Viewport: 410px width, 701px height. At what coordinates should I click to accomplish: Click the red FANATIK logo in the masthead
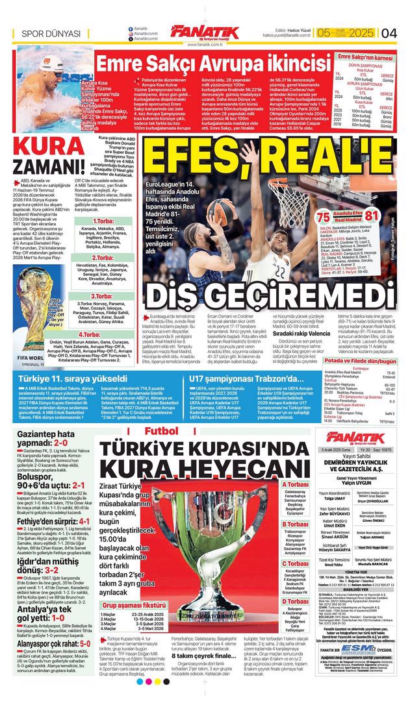(205, 31)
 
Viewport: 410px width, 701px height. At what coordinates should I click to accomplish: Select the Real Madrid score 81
(370, 215)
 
